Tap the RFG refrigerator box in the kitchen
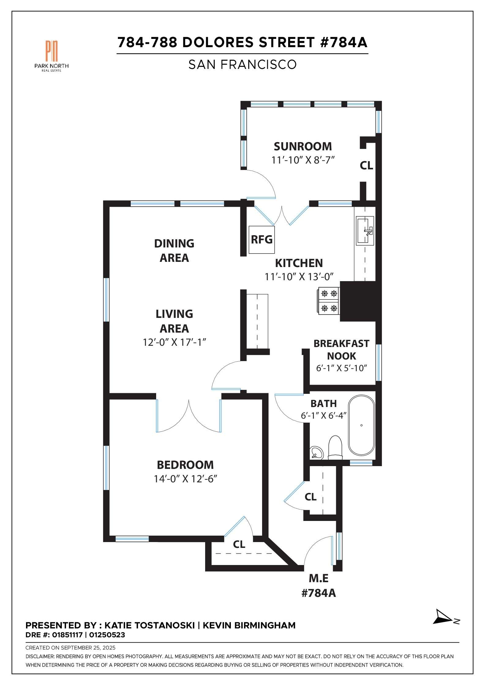[x=261, y=239]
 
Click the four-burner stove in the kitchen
[x=329, y=301]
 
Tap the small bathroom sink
[x=317, y=453]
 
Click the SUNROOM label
[x=303, y=146]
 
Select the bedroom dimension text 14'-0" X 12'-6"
[x=185, y=479]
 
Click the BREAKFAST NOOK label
[x=341, y=350]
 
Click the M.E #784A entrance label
[x=319, y=586]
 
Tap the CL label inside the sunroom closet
[x=366, y=166]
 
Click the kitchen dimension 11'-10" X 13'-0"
[x=299, y=277]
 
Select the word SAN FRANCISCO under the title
[x=242, y=65]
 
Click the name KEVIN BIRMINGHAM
[x=249, y=625]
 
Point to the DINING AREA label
[x=174, y=251]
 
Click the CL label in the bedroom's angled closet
[x=239, y=544]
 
